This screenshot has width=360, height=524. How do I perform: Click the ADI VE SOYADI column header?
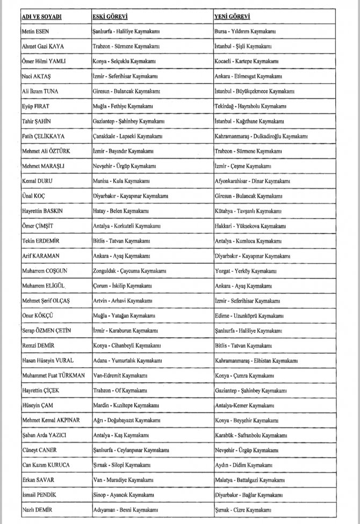[41, 17]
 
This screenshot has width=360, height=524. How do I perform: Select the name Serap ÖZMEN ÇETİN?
[53, 329]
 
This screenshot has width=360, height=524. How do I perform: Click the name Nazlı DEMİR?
[40, 509]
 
